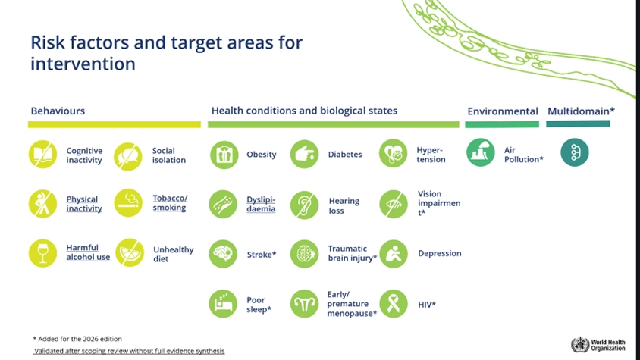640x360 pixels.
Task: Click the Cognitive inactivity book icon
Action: coord(43,155)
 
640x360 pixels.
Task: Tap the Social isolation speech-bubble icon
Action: coord(128,156)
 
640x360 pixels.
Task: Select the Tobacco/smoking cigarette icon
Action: coord(128,202)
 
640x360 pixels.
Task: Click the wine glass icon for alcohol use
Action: coord(43,253)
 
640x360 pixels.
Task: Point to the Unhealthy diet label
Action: coord(174,254)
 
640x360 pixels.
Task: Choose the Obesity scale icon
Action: coord(224,155)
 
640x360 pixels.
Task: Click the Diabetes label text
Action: coord(345,155)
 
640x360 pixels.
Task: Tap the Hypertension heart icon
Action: coord(393,153)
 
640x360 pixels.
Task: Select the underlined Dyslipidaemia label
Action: coord(261,204)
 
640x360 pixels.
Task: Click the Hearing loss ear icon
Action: coord(305,205)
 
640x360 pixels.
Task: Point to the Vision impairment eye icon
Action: coord(394,204)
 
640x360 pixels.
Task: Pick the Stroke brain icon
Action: coord(223,254)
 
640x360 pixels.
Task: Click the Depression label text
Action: coord(440,253)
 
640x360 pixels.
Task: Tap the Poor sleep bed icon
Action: coord(223,304)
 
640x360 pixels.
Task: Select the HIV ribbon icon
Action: coord(394,304)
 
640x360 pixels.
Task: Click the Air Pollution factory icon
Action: coord(481,152)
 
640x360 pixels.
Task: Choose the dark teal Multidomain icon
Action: coord(575,152)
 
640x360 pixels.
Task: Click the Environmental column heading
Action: coord(503,111)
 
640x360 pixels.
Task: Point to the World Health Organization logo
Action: coord(598,345)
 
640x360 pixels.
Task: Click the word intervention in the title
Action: coord(83,64)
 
